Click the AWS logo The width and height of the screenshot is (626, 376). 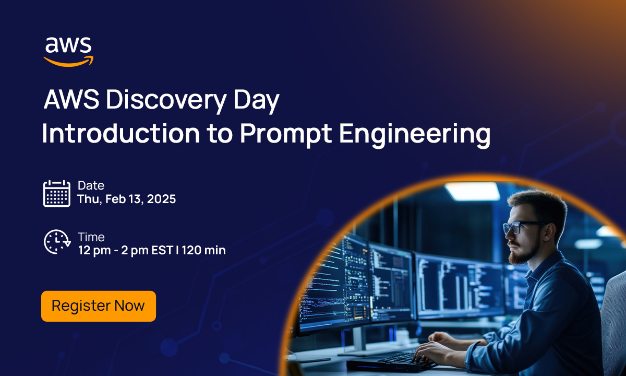[x=68, y=51]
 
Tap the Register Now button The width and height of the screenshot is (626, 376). [x=98, y=306]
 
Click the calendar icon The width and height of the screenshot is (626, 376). [x=56, y=193]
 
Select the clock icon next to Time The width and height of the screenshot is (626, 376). [x=56, y=242]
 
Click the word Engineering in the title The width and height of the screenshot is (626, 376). [x=415, y=134]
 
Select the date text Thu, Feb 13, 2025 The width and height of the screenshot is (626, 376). [x=126, y=199]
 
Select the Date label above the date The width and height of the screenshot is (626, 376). [x=91, y=185]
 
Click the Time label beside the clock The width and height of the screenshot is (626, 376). [x=91, y=237]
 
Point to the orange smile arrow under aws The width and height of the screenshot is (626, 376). [x=68, y=61]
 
